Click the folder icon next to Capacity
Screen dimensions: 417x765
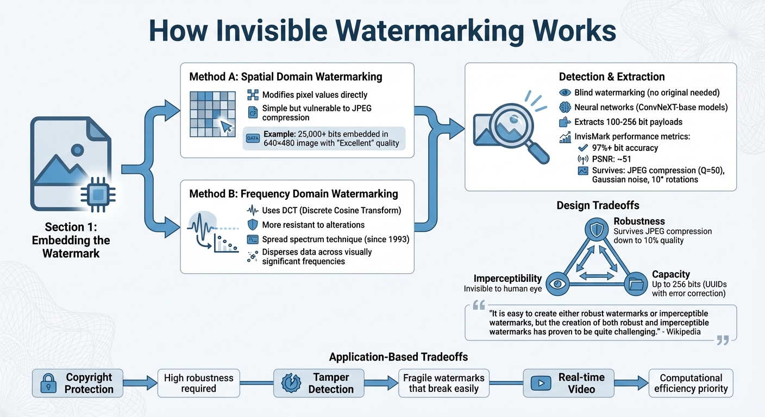click(635, 283)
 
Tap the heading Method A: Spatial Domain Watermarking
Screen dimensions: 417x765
click(285, 77)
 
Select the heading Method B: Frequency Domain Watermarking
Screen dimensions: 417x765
click(293, 194)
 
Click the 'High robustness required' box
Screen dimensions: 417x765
click(198, 383)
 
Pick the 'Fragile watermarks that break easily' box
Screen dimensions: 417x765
click(443, 383)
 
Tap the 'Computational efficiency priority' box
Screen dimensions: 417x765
click(691, 383)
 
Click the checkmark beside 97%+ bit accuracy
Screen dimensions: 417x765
click(583, 148)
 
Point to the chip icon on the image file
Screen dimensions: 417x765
click(97, 193)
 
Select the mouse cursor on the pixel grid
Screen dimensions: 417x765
click(226, 127)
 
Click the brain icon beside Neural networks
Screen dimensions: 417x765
click(565, 107)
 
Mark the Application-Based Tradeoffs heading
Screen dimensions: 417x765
click(398, 357)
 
